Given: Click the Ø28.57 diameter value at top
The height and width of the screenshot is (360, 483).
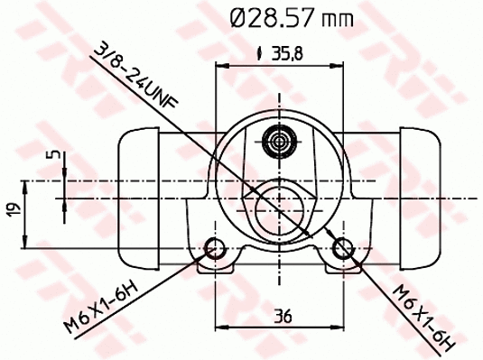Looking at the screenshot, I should coord(267,18).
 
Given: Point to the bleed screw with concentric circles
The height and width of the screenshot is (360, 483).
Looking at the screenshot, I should coord(278,140).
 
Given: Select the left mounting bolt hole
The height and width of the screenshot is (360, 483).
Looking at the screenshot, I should coord(215,248).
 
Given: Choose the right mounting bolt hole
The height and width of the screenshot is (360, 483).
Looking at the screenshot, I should coord(342,248).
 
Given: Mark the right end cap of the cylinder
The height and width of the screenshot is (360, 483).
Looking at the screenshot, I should coord(419,196).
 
